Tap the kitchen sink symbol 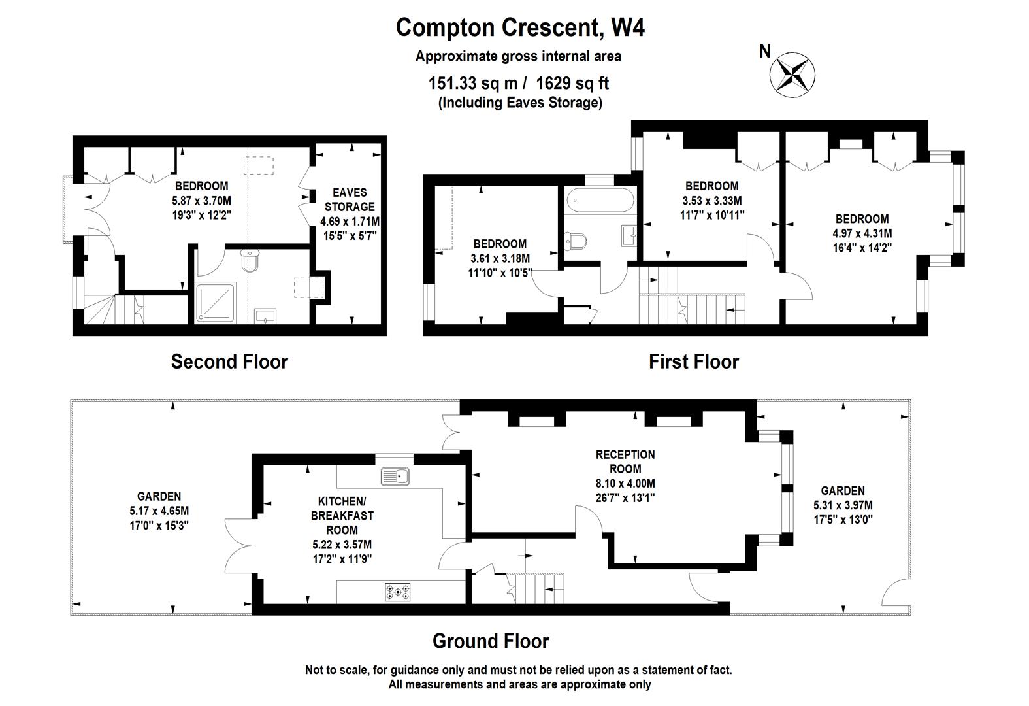pyautogui.click(x=395, y=477)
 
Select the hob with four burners pyautogui.click(x=399, y=593)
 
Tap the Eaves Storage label pyautogui.click(x=350, y=199)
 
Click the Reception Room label pyautogui.click(x=625, y=462)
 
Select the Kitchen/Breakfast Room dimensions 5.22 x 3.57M pyautogui.click(x=342, y=545)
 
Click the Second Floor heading pyautogui.click(x=229, y=361)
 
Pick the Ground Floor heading pyautogui.click(x=491, y=641)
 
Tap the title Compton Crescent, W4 pyautogui.click(x=520, y=27)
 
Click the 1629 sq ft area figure pyautogui.click(x=573, y=83)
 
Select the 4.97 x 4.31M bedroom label pyautogui.click(x=862, y=233)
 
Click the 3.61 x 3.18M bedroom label pyautogui.click(x=500, y=258)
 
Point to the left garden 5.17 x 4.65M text pyautogui.click(x=159, y=511)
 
